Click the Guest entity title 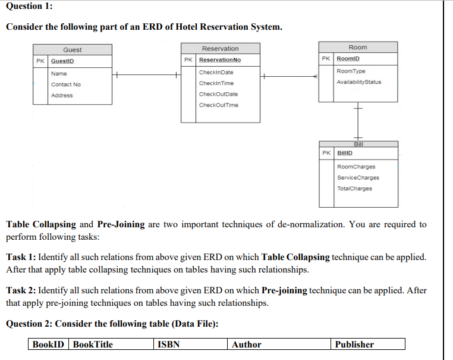73,50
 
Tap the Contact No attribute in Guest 65,84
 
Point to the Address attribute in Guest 62,95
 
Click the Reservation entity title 220,48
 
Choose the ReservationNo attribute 220,60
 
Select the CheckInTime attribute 216,83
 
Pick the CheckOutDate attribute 218,94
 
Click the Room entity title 358,47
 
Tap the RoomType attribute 351,71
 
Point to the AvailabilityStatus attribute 359,82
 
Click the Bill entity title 358,145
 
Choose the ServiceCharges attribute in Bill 358,177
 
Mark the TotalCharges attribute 354,189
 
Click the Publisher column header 354,345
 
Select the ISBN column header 169,345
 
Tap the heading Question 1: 29,5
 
